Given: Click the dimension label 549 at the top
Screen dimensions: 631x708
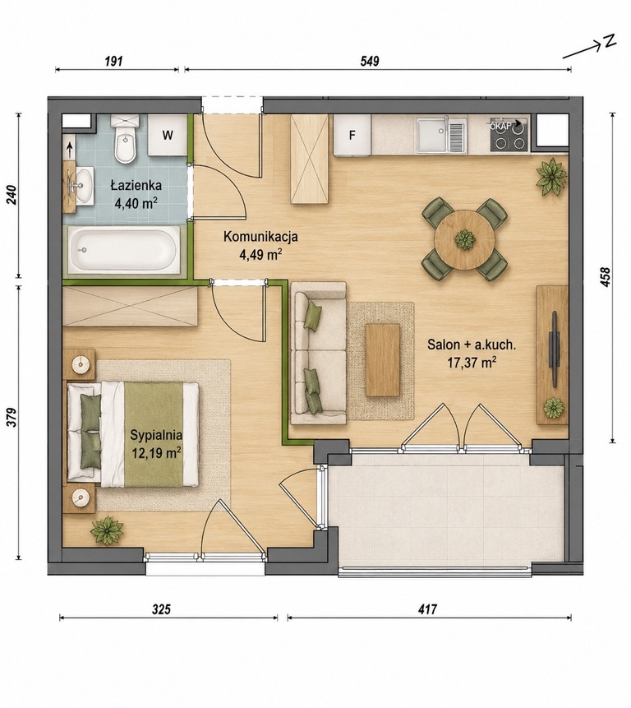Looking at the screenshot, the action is (x=370, y=61).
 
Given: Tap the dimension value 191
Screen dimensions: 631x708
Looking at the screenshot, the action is (x=114, y=61).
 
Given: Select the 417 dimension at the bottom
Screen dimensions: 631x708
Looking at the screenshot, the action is (x=427, y=609).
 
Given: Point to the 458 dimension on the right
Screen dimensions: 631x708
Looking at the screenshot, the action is (x=606, y=277).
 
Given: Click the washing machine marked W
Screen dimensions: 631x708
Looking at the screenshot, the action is (x=168, y=135).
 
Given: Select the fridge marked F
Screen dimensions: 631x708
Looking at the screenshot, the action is (x=352, y=135).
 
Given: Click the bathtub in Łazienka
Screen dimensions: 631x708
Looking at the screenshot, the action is (x=123, y=250).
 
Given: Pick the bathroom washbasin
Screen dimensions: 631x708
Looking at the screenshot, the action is (x=81, y=186).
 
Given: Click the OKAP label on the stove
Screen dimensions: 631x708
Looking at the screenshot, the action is (x=501, y=127).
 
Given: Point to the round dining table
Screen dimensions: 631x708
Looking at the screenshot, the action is (x=464, y=239).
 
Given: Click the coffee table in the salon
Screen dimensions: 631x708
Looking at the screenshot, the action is (x=383, y=360).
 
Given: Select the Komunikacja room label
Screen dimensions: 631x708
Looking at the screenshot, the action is (x=260, y=236).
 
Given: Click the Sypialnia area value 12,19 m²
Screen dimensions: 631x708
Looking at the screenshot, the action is (x=156, y=452).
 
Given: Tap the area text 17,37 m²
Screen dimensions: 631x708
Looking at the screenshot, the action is (x=472, y=362).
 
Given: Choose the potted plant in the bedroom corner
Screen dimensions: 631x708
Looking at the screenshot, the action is (x=108, y=530).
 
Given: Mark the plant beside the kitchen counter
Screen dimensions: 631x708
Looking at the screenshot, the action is (x=551, y=177).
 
